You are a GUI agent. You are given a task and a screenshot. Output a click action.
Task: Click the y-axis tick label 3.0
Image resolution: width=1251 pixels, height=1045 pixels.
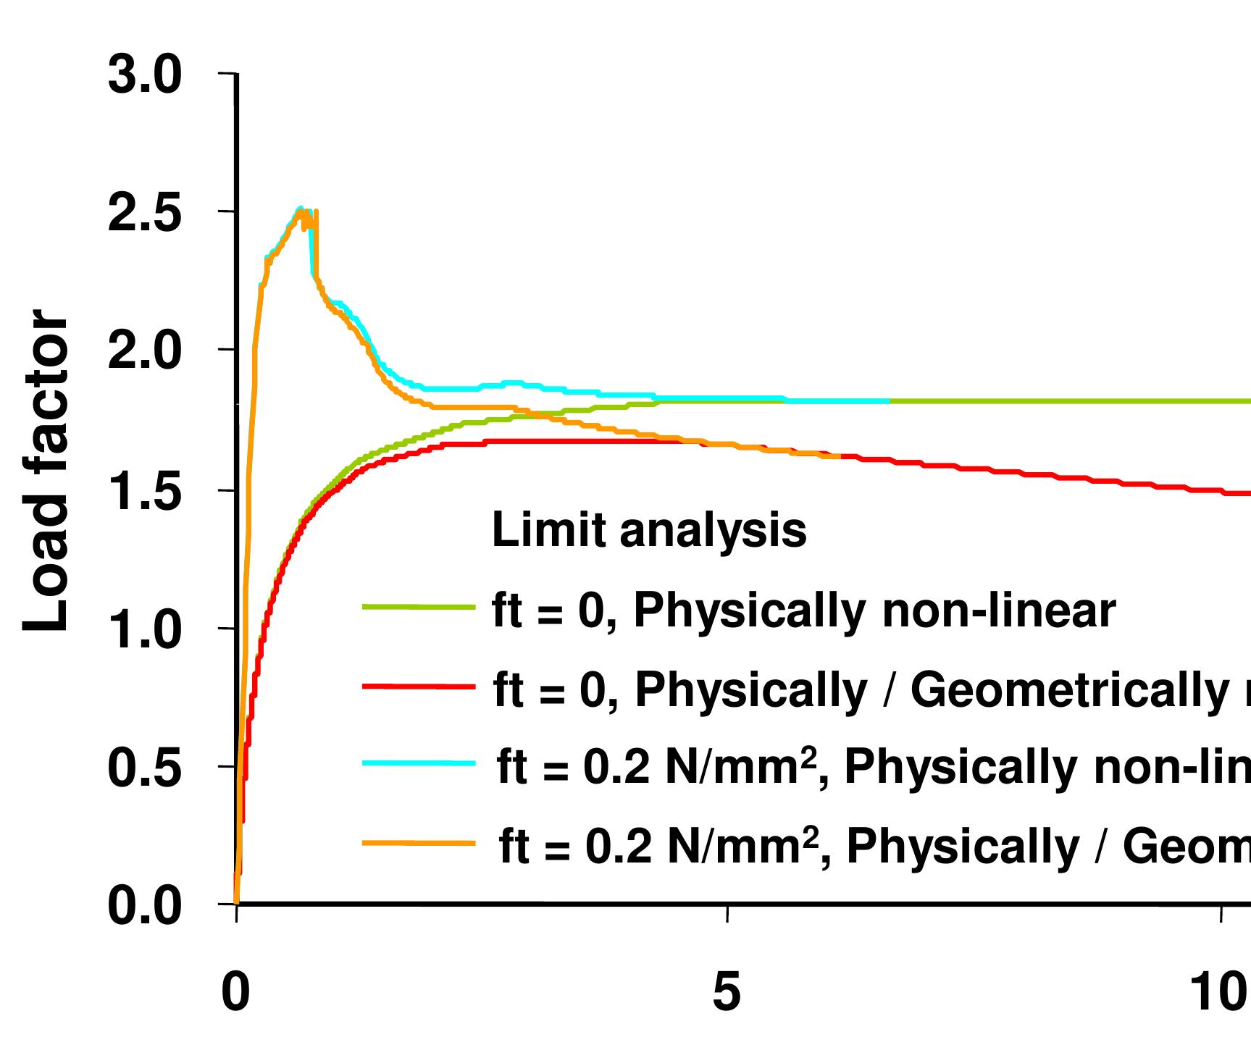pyautogui.click(x=144, y=75)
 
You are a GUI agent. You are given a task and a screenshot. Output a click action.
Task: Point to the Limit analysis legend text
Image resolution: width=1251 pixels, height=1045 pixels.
pyautogui.click(x=649, y=530)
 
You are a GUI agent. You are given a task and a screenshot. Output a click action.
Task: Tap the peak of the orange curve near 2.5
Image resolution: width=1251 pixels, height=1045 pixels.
pyautogui.click(x=300, y=212)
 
